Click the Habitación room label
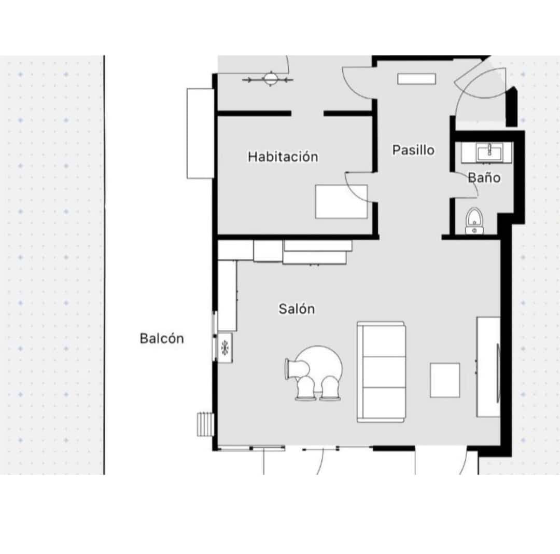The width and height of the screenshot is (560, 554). coord(283,156)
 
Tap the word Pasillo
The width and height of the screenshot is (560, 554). coord(413,150)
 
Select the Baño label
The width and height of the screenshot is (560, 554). coord(484,177)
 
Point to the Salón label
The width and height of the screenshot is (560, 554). coord(297,309)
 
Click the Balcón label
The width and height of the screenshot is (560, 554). coord(162,339)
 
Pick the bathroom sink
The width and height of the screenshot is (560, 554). coord(487,152)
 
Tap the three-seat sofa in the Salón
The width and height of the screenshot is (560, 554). coord(381,371)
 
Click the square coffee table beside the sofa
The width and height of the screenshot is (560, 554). coord(445,380)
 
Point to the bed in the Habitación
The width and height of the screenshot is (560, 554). coord(341,202)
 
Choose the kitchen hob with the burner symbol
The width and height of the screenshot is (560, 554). coord(225,348)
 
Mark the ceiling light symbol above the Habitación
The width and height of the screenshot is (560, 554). coord(270,79)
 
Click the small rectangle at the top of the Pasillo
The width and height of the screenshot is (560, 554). coord(416,78)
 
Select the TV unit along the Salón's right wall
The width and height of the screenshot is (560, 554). coord(488,366)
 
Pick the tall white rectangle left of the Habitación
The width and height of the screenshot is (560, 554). coord(200,133)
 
